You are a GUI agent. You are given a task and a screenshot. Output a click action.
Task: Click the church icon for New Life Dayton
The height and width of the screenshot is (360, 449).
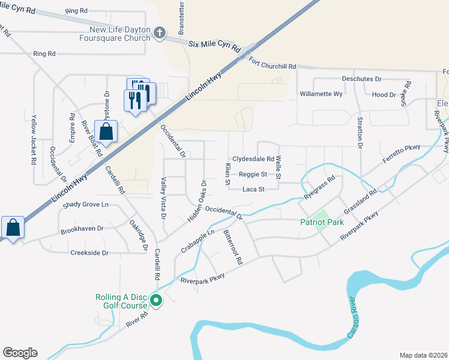pyautogui.click(x=160, y=32)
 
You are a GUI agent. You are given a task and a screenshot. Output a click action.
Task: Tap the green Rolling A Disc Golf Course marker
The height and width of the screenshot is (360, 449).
pyautogui.click(x=156, y=301)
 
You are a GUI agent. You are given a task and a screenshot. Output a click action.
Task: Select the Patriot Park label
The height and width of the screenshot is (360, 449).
pyautogui.click(x=322, y=222)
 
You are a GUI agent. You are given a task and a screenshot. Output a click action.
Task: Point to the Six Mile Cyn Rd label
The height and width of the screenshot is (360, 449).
pyautogui.click(x=214, y=44)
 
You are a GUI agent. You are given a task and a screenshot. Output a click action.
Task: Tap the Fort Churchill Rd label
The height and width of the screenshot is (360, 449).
pyautogui.click(x=273, y=67)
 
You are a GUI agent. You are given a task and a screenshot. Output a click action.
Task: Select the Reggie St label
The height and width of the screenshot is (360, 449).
pyautogui.click(x=253, y=175)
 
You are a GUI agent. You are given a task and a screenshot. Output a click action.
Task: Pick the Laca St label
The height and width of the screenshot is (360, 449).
pyautogui.click(x=253, y=190)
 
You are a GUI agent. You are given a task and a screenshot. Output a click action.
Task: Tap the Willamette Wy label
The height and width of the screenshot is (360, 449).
pyautogui.click(x=321, y=94)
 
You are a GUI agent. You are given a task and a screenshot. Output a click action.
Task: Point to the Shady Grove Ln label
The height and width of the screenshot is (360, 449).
pyautogui.click(x=88, y=205)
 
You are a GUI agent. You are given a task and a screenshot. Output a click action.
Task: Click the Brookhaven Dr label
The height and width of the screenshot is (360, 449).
pyautogui.click(x=82, y=229)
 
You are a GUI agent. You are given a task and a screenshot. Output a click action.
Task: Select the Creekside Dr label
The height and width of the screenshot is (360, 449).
pyautogui.click(x=89, y=253)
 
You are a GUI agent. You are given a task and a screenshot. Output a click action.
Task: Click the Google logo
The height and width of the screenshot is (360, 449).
pyautogui.click(x=20, y=353)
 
